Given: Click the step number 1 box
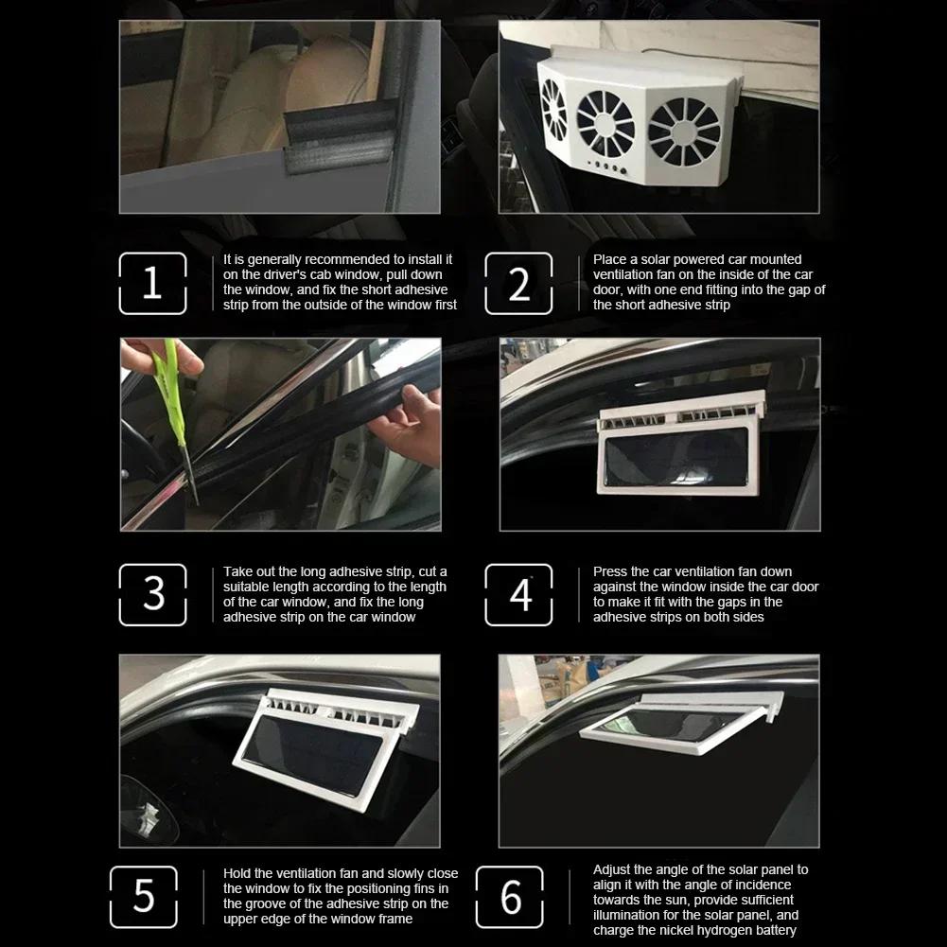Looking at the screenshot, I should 152,284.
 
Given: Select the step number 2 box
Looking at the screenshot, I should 518,284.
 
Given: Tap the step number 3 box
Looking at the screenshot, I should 152,594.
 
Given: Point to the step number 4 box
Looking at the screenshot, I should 518,594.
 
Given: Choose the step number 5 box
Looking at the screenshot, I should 143,896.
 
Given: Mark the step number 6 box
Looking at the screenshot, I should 509,896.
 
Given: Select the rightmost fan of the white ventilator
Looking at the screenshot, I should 685,131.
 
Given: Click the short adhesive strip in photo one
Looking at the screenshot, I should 341,137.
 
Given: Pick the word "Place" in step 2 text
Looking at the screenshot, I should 610,259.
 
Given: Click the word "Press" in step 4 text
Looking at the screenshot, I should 611,571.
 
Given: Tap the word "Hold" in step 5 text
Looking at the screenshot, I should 238,873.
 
